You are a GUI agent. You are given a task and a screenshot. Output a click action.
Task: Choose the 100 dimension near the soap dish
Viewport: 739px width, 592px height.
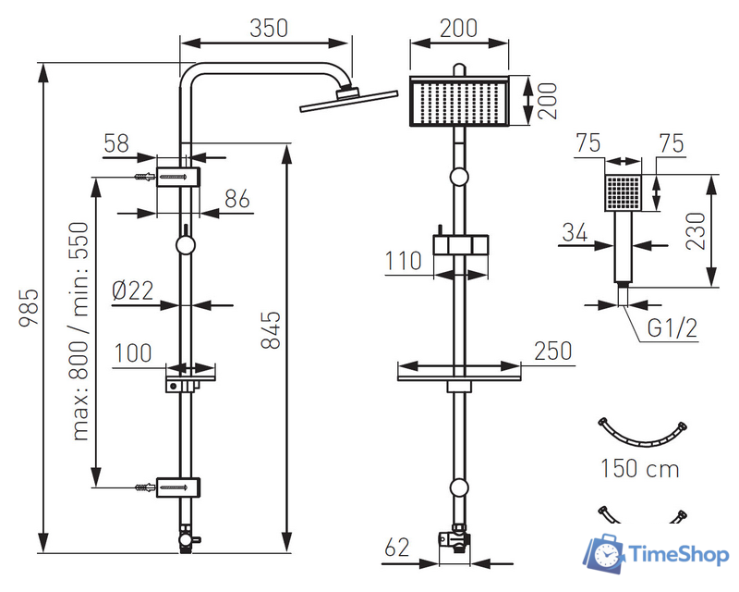pyautogui.click(x=132, y=352)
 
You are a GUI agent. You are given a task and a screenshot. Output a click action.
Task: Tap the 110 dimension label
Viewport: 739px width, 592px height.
pyautogui.click(x=404, y=262)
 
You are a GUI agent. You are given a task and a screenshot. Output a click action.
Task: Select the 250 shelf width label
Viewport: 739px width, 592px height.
pyautogui.click(x=552, y=351)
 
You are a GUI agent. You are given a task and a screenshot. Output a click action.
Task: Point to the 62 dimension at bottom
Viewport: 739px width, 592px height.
pyautogui.click(x=397, y=547)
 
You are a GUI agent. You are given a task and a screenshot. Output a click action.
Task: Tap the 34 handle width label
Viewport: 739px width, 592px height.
pyautogui.click(x=575, y=231)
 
